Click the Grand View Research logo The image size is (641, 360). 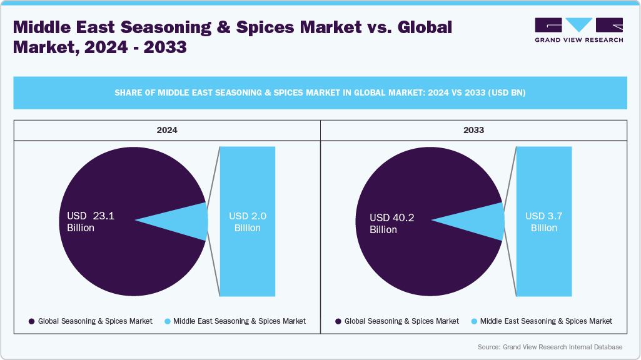(x=578, y=29)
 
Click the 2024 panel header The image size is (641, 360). (x=167, y=130)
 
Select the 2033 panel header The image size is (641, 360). (x=473, y=130)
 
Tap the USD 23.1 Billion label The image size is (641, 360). (x=91, y=222)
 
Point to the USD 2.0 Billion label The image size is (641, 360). (x=248, y=222)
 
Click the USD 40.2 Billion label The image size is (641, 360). (x=392, y=223)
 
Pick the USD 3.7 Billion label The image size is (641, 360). (x=543, y=222)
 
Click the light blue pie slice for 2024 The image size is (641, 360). (x=188, y=221)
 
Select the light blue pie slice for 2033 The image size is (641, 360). (x=485, y=221)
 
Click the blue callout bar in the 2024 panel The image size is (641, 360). (x=248, y=262)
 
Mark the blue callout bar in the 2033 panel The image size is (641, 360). (x=543, y=262)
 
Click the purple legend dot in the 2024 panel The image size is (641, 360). (x=31, y=321)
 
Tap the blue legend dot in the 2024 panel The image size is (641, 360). (x=167, y=321)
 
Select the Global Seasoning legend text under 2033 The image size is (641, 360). (x=401, y=321)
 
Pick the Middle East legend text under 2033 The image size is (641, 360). (x=546, y=321)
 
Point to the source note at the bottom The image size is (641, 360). (x=550, y=347)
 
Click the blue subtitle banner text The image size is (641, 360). (x=320, y=93)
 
